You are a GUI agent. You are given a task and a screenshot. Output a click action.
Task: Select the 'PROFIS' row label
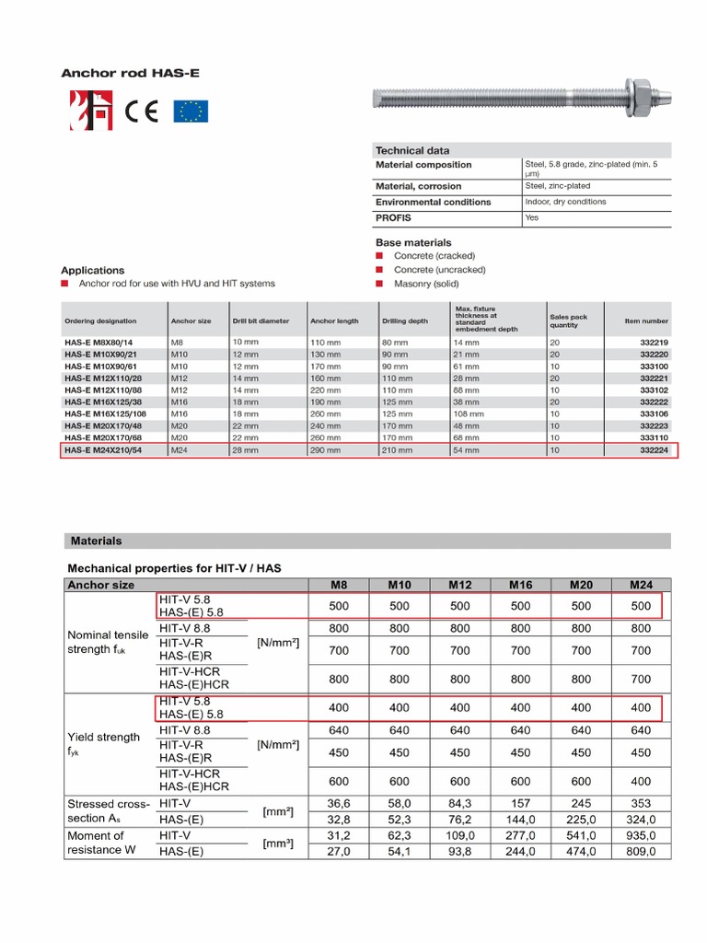tap(393, 218)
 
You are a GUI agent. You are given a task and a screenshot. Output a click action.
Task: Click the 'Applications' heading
tap(92, 270)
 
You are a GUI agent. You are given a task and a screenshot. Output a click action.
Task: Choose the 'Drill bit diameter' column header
tap(261, 321)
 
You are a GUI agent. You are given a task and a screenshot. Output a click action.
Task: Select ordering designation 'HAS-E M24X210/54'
tap(103, 451)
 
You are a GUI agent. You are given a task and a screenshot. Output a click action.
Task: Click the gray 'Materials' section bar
tap(96, 541)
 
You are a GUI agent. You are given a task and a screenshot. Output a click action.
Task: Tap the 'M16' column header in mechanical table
tap(520, 585)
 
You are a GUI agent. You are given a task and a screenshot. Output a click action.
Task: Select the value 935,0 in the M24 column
tap(641, 835)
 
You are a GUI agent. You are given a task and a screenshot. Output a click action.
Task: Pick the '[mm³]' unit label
tap(277, 844)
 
